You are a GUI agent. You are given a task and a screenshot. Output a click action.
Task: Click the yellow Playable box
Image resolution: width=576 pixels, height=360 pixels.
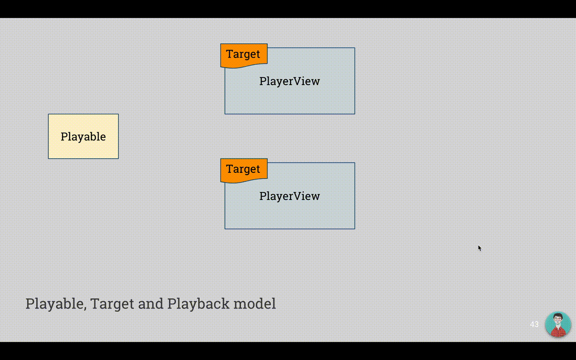pos(83,136)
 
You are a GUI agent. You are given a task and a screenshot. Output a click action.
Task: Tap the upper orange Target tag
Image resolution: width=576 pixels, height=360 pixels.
pos(244,55)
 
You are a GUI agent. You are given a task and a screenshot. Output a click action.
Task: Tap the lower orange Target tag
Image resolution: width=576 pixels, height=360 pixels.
pos(244,170)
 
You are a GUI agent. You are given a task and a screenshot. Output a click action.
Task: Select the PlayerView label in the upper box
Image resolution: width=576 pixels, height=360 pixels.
pos(289,81)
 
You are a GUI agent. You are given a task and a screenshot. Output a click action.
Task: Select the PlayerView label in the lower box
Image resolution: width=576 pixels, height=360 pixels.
pos(289,196)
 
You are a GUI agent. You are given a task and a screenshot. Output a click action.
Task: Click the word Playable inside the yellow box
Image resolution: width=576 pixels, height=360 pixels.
pos(83,136)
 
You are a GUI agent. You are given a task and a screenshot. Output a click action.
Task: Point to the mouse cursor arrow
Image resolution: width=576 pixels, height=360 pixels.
pos(480,248)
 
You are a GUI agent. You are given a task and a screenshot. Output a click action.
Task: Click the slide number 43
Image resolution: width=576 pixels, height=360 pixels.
pos(534,324)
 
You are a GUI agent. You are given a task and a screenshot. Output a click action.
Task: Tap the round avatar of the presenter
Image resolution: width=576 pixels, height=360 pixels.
pos(558,324)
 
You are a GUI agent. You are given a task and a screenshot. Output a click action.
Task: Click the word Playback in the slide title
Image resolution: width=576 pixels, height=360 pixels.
pos(198,304)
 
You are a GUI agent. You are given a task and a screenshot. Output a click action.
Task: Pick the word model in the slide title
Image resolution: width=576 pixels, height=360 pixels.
pos(255,303)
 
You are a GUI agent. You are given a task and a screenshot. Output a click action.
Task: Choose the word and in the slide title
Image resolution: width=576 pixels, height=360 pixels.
pos(150,304)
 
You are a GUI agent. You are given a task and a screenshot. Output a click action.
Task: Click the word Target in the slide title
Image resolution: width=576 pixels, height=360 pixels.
pos(112,304)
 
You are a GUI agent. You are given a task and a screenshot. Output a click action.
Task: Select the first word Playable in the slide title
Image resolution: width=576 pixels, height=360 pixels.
pos(54,304)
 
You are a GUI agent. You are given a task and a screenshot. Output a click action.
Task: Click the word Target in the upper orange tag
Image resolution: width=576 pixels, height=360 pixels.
pos(243,54)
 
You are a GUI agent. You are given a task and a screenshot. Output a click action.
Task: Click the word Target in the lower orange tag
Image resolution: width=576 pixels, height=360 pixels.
pos(243,169)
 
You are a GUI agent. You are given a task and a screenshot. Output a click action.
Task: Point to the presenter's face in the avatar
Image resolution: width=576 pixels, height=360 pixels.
pos(557,321)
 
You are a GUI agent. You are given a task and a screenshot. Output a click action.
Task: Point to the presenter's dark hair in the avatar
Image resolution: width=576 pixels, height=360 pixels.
pos(558,315)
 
